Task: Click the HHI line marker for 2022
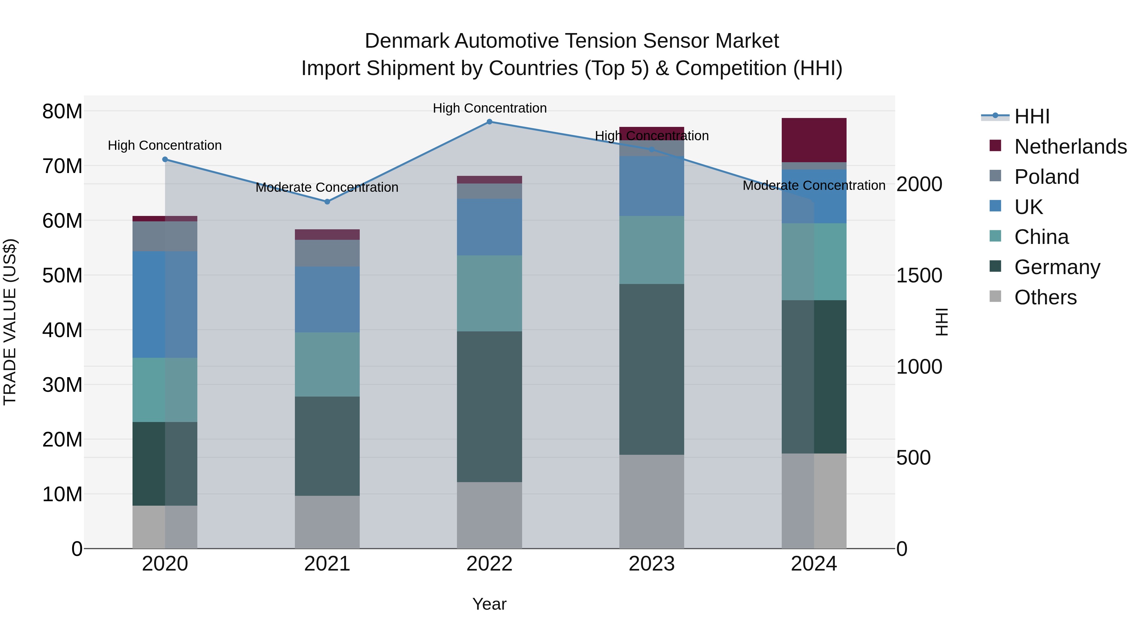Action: (489, 122)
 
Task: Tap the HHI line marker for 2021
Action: (327, 202)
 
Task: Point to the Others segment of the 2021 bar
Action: (327, 522)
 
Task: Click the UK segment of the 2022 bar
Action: (489, 227)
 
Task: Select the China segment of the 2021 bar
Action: (327, 364)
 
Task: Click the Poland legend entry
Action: (1046, 177)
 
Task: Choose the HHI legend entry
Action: (1031, 116)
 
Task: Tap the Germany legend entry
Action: (1057, 267)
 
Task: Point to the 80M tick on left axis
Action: (62, 112)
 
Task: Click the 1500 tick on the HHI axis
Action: (919, 275)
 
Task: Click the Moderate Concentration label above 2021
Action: (327, 188)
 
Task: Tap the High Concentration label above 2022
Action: (489, 108)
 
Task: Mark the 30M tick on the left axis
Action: (62, 385)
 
